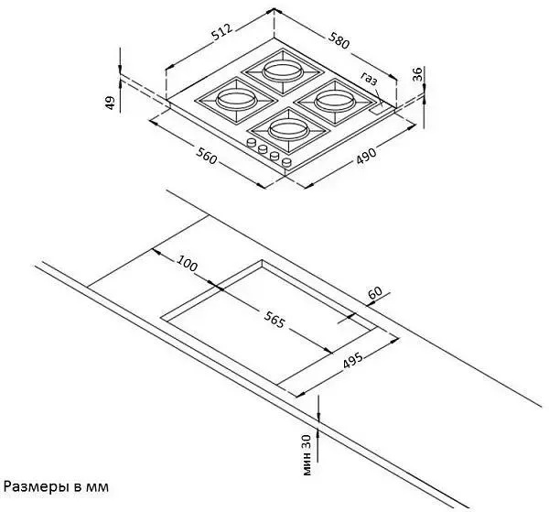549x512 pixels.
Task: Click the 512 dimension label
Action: tap(222, 32)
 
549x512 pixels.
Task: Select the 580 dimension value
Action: tap(339, 40)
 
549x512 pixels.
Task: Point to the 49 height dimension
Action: tap(111, 103)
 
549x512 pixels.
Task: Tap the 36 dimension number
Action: tap(417, 74)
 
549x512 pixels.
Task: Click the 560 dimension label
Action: tap(206, 156)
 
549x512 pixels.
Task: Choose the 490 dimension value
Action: tap(366, 156)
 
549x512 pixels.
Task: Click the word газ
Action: tap(370, 79)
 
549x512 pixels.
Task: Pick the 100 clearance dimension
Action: tap(187, 263)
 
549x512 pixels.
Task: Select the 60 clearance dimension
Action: tap(374, 292)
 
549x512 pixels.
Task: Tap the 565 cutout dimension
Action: tap(274, 320)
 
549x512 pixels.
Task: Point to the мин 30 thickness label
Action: tap(307, 454)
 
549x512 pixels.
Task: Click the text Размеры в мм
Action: tap(56, 486)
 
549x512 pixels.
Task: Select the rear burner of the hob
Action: tap(283, 71)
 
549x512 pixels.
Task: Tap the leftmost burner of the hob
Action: tap(235, 101)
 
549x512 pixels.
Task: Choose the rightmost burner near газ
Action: tap(336, 103)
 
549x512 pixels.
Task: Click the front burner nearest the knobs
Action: tap(288, 131)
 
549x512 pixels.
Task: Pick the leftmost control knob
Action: tap(251, 142)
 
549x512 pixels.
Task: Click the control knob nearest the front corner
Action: tap(286, 162)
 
